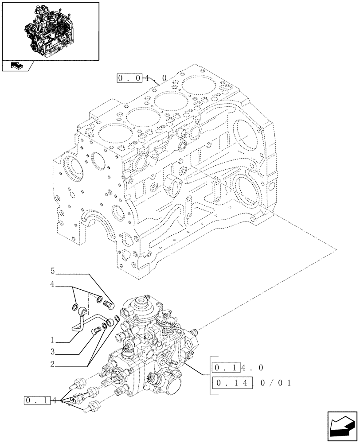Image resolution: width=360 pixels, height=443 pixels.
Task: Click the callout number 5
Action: coord(52,270)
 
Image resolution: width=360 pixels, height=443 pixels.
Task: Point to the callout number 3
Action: coord(52,352)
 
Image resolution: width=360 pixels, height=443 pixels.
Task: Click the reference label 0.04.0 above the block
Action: coord(142,78)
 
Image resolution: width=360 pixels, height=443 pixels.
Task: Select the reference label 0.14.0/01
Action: coord(251,382)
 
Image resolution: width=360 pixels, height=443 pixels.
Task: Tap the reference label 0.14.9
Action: coord(49,401)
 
